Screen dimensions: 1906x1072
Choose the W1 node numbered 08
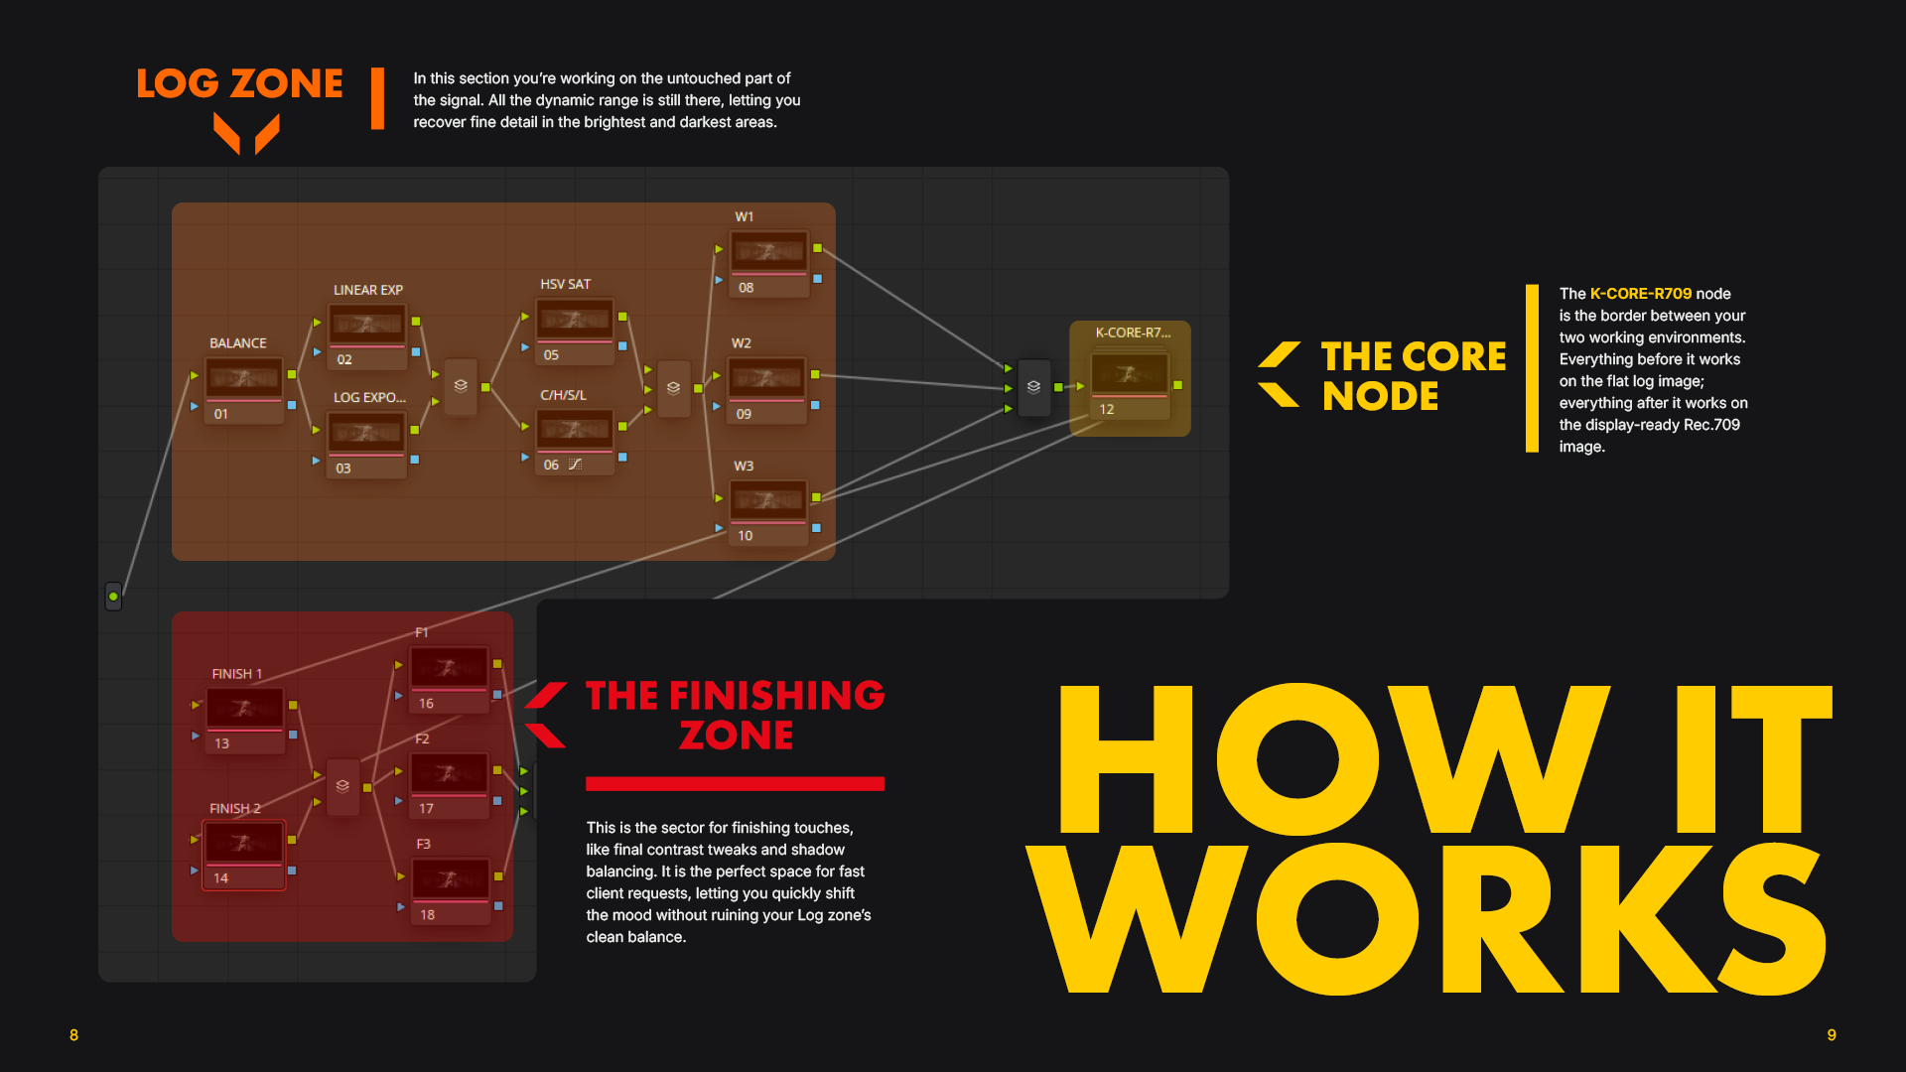pyautogui.click(x=768, y=264)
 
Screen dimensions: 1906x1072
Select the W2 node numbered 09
pyautogui.click(x=766, y=390)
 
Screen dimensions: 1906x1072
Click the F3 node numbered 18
pyautogui.click(x=451, y=891)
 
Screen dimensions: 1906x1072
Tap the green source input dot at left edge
pyautogui.click(x=113, y=597)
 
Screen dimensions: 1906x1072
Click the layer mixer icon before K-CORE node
pyautogui.click(x=1033, y=387)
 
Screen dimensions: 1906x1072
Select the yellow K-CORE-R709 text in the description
pyautogui.click(x=1640, y=294)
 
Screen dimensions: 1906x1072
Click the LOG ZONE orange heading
pyautogui.click(x=239, y=83)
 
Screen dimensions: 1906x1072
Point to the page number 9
pyautogui.click(x=1832, y=1035)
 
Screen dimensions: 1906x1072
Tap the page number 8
pyautogui.click(x=73, y=1035)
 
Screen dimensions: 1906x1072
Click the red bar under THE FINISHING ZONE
pyautogui.click(x=735, y=784)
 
